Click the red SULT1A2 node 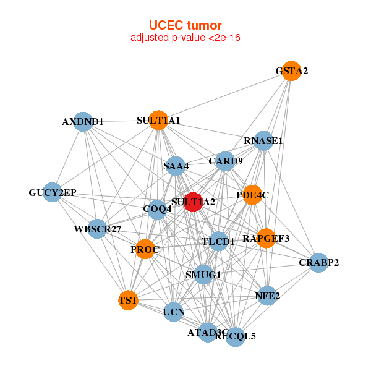(194, 202)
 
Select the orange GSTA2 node (291, 70)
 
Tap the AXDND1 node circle (83, 122)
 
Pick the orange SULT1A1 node (158, 120)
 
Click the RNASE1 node (264, 140)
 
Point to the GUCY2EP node (53, 193)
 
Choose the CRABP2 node (318, 263)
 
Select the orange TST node (128, 301)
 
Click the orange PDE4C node (252, 195)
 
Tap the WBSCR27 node (98, 229)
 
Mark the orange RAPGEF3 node (266, 238)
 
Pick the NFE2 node (267, 296)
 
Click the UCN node (174, 312)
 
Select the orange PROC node (145, 250)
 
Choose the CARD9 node (226, 161)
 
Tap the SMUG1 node (203, 274)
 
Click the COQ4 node (157, 209)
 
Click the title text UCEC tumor (185, 25)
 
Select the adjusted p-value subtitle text (185, 38)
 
